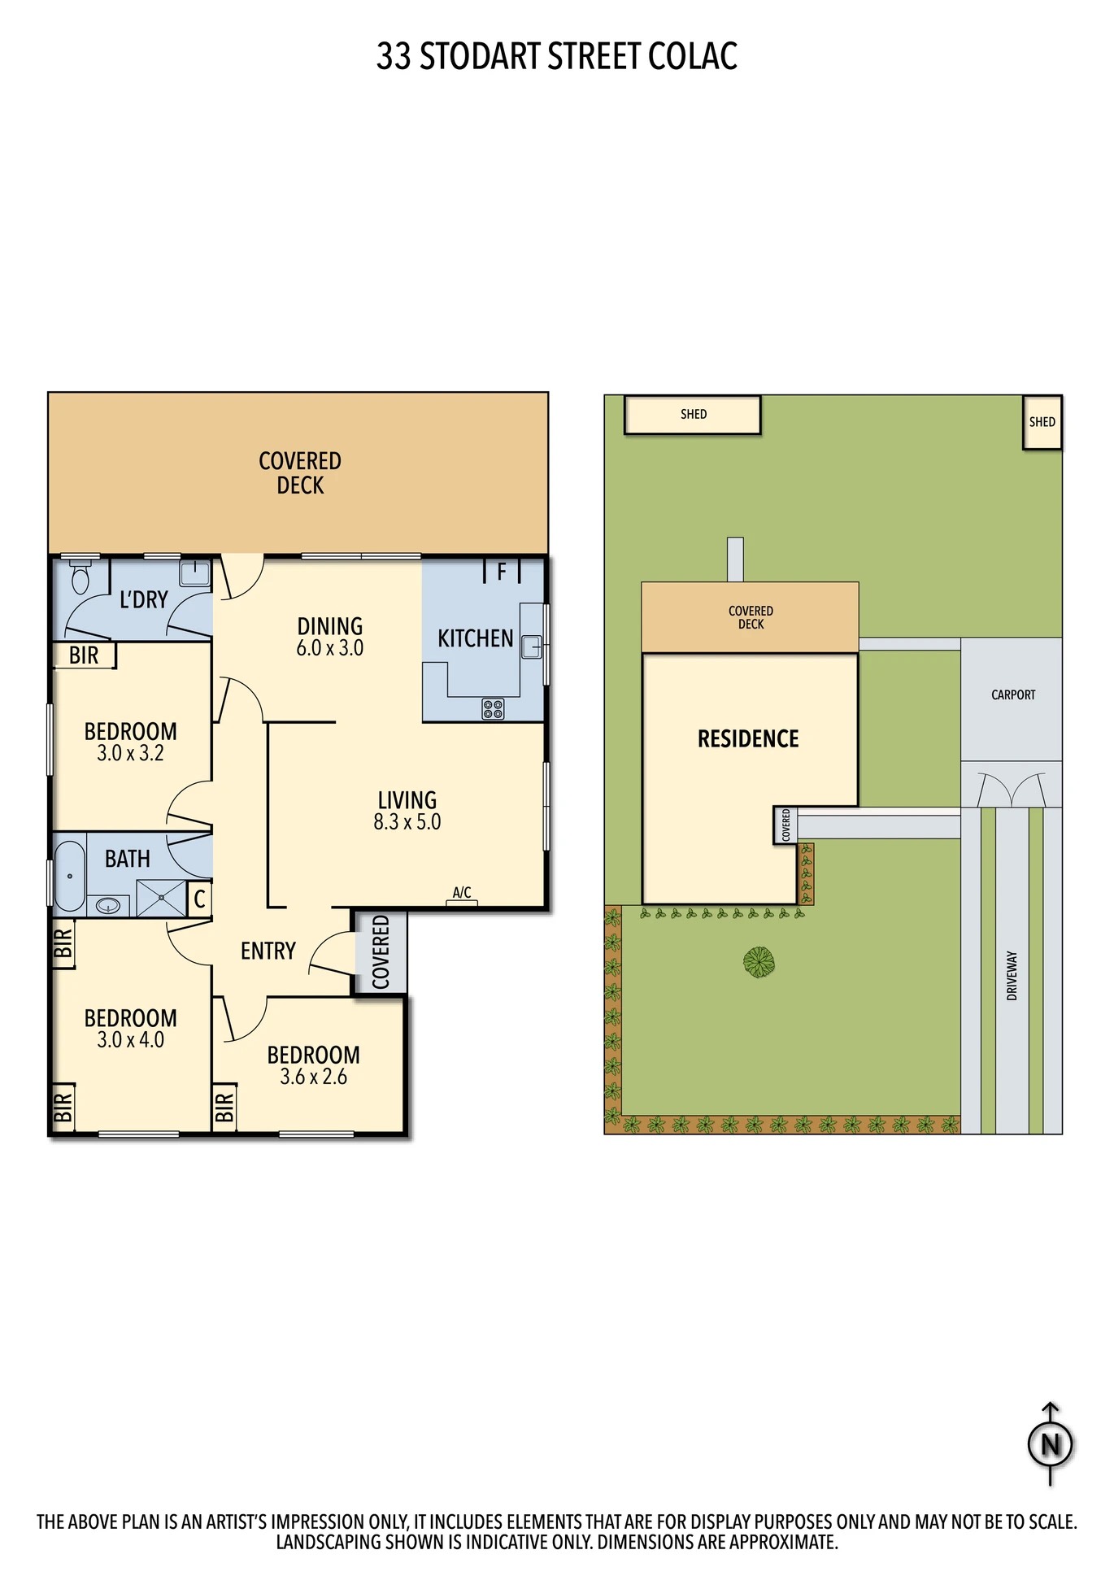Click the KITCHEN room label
(476, 639)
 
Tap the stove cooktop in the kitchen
(493, 709)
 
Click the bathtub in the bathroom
(70, 876)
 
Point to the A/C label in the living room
(462, 892)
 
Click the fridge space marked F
(502, 572)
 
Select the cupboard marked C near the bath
(199, 899)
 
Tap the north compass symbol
(1051, 1443)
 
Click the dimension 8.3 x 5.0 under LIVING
(407, 822)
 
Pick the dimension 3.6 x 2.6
(314, 1077)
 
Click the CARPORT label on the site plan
(1013, 695)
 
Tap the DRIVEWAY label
(1012, 975)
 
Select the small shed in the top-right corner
(1042, 422)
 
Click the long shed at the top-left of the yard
(693, 415)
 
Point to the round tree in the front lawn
(759, 962)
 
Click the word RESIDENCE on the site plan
(748, 739)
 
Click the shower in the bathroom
(161, 899)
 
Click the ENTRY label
(268, 951)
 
